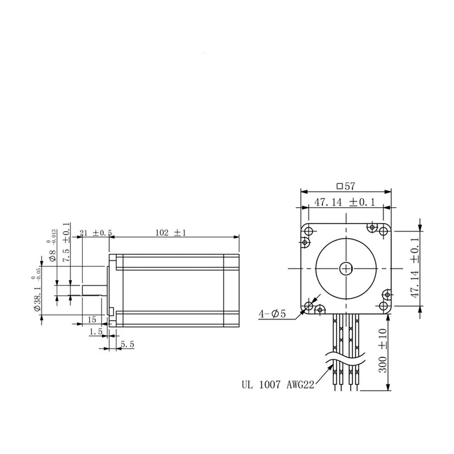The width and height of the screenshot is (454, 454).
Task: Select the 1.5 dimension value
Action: point(95,331)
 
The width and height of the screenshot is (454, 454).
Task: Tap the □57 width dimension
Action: point(345,186)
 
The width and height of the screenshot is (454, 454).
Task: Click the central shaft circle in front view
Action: point(346,268)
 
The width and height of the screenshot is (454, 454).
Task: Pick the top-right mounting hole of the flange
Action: point(372,228)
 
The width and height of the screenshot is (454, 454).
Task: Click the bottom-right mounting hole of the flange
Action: point(384,306)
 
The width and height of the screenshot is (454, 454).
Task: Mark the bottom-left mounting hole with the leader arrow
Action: point(309,306)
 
